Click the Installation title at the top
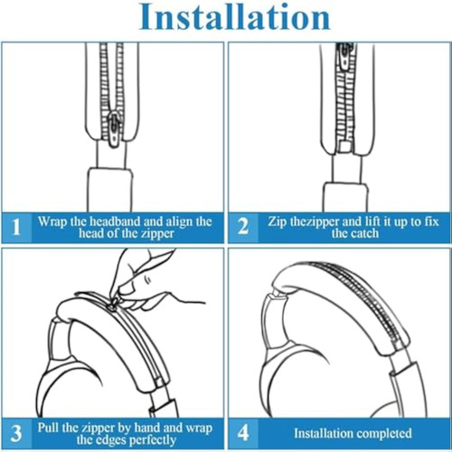235,16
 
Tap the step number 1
16,227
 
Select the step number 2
243,227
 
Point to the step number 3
16,433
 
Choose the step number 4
243,433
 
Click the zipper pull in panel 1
114,128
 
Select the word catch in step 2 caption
364,233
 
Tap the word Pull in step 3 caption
47,428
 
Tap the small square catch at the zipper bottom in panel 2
345,146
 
